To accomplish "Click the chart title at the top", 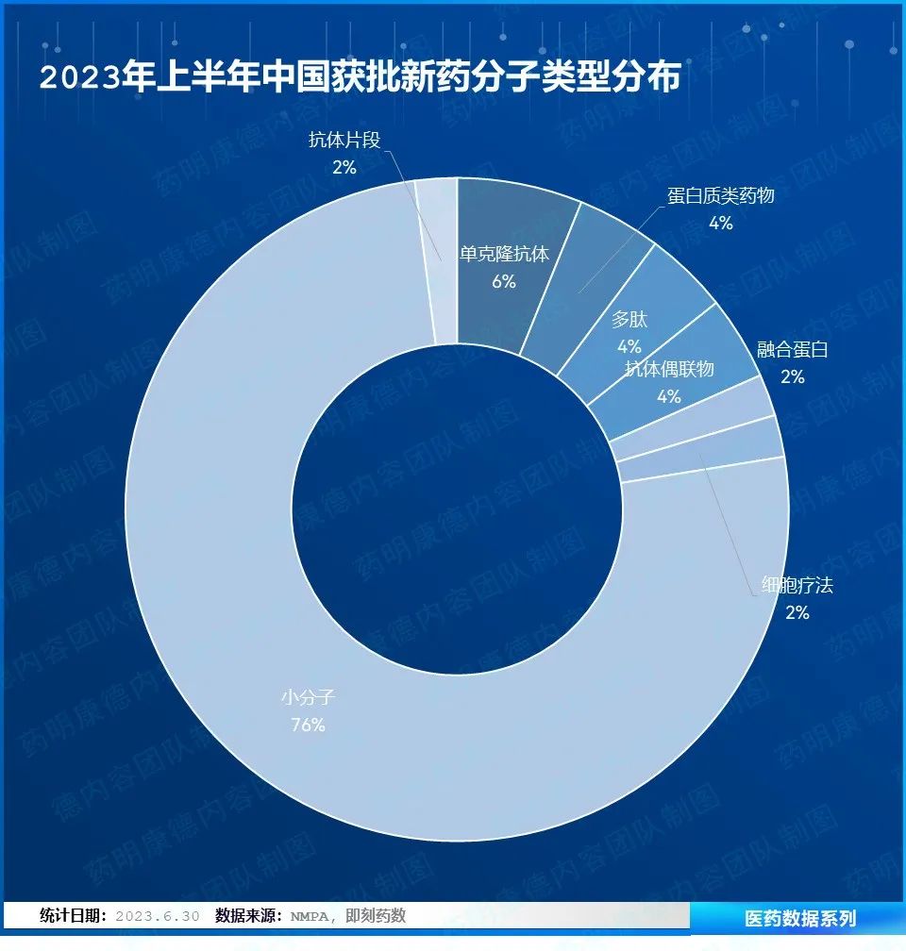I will point(360,77).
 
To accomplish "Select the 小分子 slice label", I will point(308,699).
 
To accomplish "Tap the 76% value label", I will point(308,725).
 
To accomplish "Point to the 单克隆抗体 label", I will point(504,254).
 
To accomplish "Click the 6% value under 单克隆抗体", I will point(504,281).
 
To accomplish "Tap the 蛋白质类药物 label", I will point(720,195).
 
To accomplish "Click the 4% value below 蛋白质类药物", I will point(720,223).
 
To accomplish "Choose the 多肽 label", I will point(629,319).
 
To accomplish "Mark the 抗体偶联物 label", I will point(669,369).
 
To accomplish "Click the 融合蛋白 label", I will point(792,350).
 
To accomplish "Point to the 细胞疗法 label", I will point(797,586).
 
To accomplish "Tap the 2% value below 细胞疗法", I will point(797,612).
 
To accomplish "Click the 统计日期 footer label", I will point(73,916).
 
